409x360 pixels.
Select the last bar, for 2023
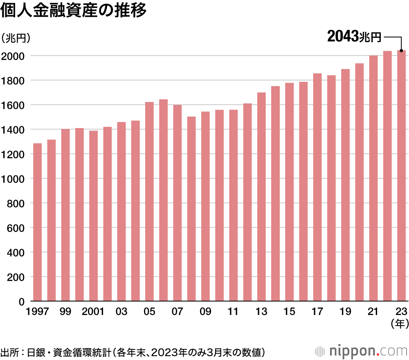click(x=401, y=176)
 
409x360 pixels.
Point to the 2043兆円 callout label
click(x=354, y=37)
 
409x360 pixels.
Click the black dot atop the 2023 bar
click(x=401, y=51)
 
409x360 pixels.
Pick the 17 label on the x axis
click(x=317, y=312)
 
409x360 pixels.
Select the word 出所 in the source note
click(x=9, y=351)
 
